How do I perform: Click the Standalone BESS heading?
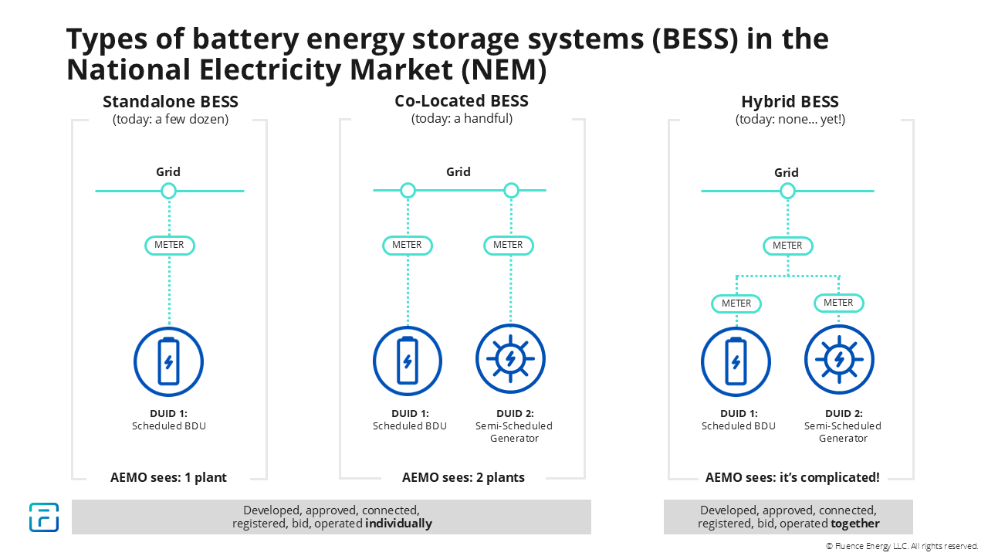[171, 102]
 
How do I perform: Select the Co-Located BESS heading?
[462, 101]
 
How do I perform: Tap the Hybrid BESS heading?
[790, 102]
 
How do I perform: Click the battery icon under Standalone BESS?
[168, 361]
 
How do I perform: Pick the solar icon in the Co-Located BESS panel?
[510, 359]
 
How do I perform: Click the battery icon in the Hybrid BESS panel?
[736, 361]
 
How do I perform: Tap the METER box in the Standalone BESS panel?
[169, 246]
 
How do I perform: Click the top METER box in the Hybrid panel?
[787, 246]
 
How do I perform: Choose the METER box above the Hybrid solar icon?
[838, 303]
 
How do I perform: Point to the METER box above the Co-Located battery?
[407, 245]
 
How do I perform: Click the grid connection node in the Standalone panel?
[168, 191]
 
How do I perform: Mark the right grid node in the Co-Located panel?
[510, 190]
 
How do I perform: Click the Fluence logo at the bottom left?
[44, 517]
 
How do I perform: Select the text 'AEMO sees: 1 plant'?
[168, 477]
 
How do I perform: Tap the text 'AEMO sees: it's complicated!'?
[792, 477]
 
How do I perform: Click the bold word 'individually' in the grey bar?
[398, 524]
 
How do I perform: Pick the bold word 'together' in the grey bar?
[855, 524]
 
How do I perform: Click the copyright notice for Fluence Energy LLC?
[902, 546]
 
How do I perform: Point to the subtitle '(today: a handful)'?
[462, 118]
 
